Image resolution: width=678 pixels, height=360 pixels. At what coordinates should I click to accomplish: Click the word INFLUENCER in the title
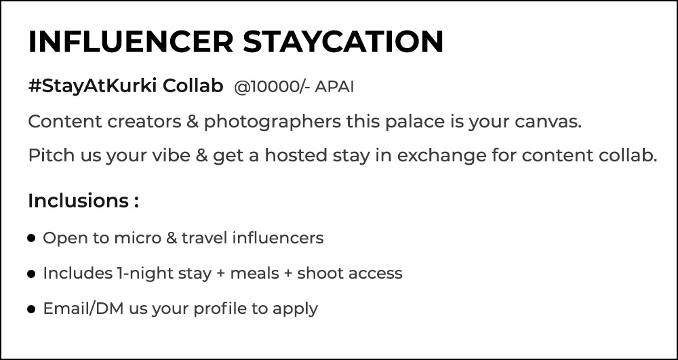pos(131,42)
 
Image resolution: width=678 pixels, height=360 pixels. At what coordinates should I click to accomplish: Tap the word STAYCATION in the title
pos(343,42)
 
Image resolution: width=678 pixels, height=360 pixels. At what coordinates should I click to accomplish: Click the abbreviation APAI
pos(334,87)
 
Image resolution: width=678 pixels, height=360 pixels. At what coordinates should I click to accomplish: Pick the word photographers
pos(273,122)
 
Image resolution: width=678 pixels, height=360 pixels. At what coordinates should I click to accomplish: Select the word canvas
pos(549,123)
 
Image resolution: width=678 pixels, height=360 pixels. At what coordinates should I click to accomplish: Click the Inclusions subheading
pos(83,201)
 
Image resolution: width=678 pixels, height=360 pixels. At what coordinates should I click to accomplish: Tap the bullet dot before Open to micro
pos(31,238)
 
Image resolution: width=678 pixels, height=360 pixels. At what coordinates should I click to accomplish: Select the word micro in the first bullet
pos(138,238)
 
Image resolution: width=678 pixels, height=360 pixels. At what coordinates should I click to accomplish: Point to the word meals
pos(255,274)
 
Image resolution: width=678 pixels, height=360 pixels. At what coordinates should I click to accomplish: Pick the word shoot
pos(318,274)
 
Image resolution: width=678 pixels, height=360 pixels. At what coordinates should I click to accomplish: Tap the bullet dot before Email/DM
pos(31,309)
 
